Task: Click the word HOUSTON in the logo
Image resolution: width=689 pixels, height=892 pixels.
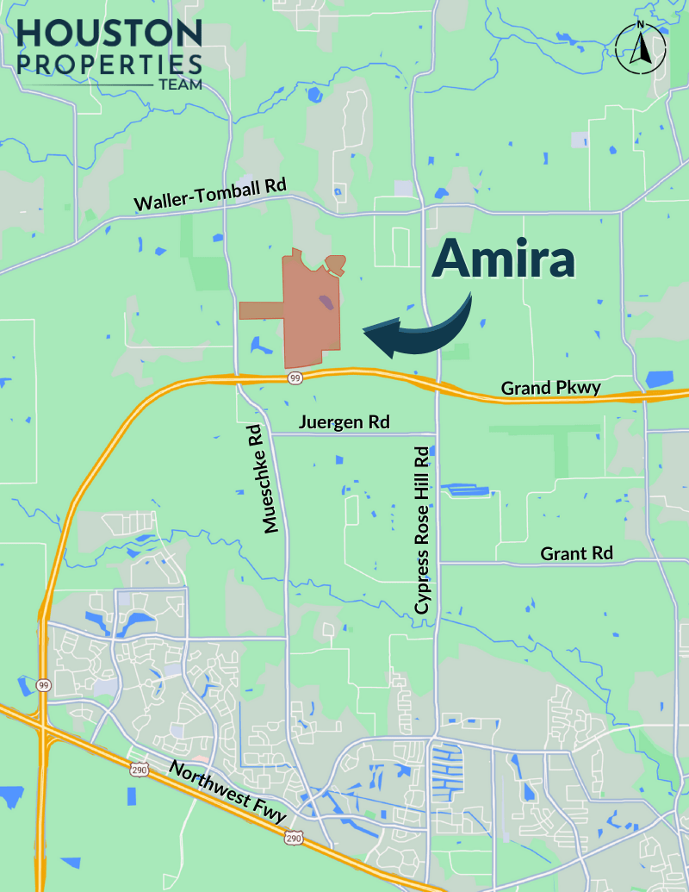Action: click(x=109, y=34)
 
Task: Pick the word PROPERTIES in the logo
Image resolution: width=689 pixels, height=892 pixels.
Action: click(x=109, y=64)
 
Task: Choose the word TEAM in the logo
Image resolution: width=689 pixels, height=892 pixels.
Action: click(x=180, y=85)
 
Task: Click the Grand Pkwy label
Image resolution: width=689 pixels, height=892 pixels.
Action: click(x=551, y=388)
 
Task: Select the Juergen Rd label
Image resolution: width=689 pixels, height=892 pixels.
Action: click(x=344, y=422)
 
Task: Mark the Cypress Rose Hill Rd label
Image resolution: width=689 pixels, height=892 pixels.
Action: click(x=421, y=530)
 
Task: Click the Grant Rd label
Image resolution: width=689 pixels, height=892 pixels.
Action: click(x=576, y=553)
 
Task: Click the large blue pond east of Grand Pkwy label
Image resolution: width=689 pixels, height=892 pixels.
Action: click(x=659, y=378)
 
